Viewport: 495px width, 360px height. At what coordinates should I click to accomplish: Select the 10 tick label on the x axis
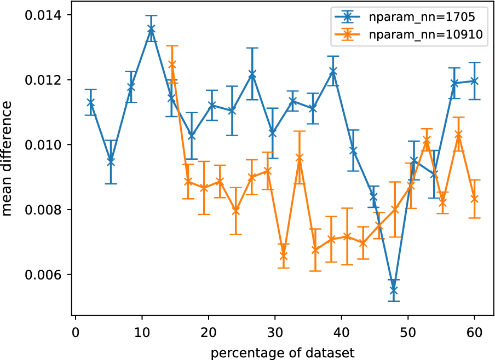tap(142, 333)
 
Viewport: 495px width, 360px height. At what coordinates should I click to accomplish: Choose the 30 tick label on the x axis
tap(275, 333)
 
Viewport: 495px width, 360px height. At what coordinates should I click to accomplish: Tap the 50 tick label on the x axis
tap(407, 333)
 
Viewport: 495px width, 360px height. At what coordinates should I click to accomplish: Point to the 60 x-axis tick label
tap(474, 333)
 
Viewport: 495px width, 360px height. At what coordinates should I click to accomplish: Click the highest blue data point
tap(152, 28)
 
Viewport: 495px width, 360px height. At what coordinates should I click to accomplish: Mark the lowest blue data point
tap(394, 290)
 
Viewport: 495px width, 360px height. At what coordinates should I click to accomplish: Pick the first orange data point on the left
tap(172, 64)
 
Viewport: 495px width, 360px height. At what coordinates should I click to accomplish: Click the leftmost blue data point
tap(90, 102)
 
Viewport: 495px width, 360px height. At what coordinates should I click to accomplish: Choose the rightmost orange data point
tap(474, 199)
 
